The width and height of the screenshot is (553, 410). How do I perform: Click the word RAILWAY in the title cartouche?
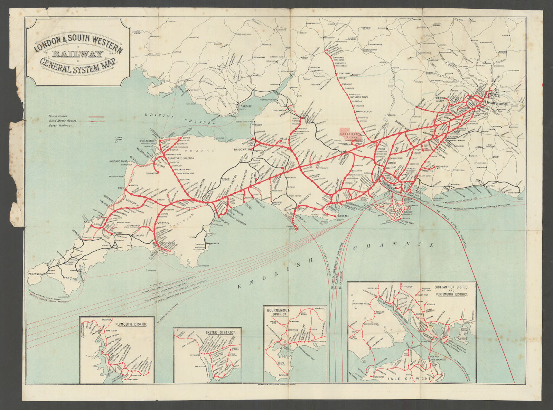[x=77, y=54]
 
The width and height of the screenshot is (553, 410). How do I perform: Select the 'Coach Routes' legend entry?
[x=58, y=117]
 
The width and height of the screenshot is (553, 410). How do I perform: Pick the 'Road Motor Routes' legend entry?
[x=63, y=121]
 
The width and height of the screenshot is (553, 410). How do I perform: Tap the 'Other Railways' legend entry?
[x=60, y=125]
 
